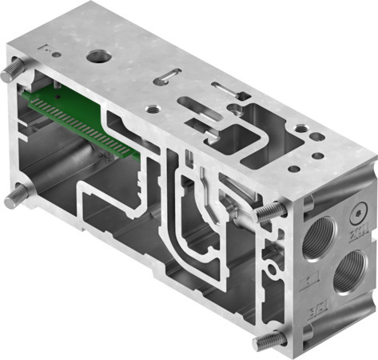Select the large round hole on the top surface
coord(100,57)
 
